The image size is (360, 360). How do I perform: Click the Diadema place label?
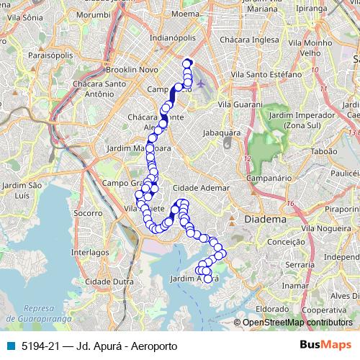[x=266, y=217]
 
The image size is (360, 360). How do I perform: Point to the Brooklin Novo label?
[x=131, y=69]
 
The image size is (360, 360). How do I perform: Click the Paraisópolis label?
[x=26, y=53]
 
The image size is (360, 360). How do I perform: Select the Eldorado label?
[x=272, y=308]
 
